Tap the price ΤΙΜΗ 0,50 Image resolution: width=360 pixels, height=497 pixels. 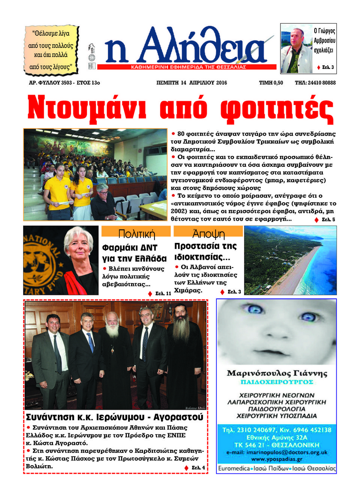271,83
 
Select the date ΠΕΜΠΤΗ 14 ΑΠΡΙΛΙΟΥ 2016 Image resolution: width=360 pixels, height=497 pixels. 192,83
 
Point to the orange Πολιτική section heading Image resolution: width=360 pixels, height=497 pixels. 136,234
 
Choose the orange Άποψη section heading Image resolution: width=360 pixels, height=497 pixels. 208,233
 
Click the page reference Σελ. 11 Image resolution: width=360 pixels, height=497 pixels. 163,293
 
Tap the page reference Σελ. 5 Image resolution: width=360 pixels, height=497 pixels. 328,220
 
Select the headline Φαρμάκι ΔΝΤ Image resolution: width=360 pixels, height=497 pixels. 130,248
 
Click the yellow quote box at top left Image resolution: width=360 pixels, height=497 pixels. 51,49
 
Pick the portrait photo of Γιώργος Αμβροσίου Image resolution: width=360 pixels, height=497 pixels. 296,49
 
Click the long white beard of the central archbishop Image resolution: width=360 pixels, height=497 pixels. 112,330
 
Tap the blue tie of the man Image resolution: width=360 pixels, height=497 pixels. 90,342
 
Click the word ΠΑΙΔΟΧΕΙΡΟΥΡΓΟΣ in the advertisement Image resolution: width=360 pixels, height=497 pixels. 277,382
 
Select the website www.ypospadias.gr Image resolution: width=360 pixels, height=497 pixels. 277,459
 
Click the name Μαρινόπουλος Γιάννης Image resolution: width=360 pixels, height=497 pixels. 277,373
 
